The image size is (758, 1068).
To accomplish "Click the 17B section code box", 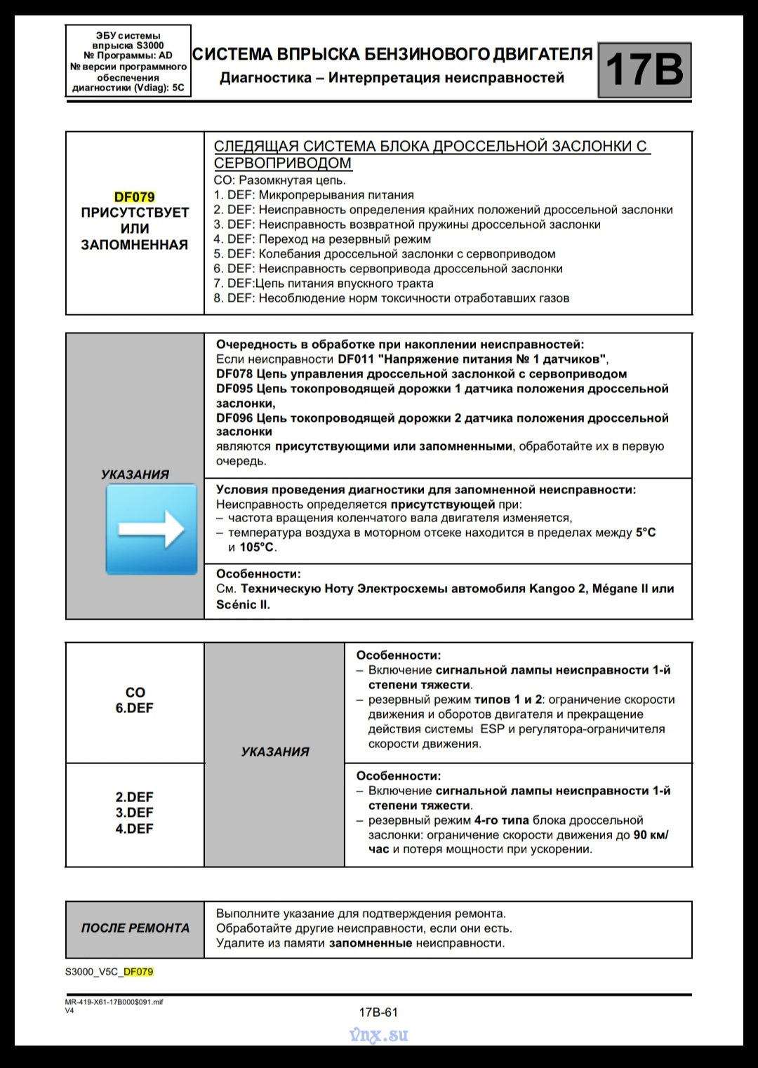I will pos(644,69).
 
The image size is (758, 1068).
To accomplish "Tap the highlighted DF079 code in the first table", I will pos(134,197).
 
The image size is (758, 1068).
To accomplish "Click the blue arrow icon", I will pos(151,529).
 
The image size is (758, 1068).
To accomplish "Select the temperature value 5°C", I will pos(646,533).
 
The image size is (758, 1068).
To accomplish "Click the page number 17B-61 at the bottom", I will pos(378,1012).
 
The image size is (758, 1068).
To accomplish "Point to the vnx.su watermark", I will pos(378,1035).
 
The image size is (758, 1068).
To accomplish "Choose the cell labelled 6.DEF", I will pos(134,708).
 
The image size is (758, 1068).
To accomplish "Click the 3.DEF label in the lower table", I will pos(134,813).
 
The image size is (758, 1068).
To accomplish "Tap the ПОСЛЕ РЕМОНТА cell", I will pos(135,928).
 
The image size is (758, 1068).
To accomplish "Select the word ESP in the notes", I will pos(492,729).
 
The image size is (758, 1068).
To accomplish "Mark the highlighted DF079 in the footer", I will pos(138,972).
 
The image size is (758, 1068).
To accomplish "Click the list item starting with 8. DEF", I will pos(391,298).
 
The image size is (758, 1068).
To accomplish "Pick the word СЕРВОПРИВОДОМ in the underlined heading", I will pos(282,163).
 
